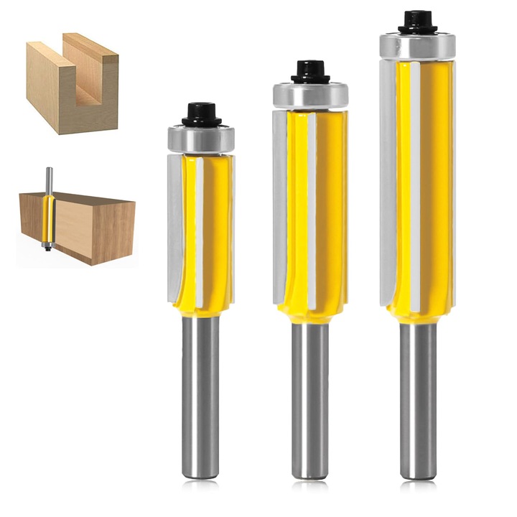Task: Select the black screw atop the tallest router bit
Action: coord(417,22)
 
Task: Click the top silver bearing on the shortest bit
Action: coord(202,139)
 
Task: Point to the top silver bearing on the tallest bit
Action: coord(417,46)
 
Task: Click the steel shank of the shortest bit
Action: coord(200,395)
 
